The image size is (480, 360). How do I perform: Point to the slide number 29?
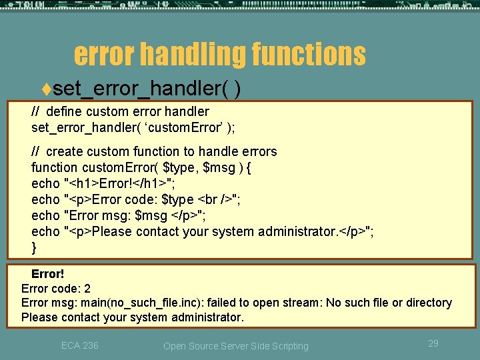tap(433, 343)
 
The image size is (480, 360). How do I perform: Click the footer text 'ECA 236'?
tap(79, 345)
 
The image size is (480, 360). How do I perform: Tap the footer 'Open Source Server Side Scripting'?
tap(236, 346)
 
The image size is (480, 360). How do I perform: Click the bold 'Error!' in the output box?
tap(48, 274)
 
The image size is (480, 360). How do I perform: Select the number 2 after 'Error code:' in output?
tap(87, 289)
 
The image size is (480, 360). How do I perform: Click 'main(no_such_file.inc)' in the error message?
tap(139, 303)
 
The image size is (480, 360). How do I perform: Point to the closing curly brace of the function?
tap(34, 247)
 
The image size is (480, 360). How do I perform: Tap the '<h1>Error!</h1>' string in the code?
tap(119, 183)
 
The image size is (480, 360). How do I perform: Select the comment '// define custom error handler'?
tap(120, 111)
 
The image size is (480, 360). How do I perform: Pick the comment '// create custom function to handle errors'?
tap(154, 151)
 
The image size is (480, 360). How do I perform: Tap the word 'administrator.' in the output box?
tap(207, 317)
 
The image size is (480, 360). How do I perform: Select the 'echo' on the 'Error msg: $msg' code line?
tap(45, 215)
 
